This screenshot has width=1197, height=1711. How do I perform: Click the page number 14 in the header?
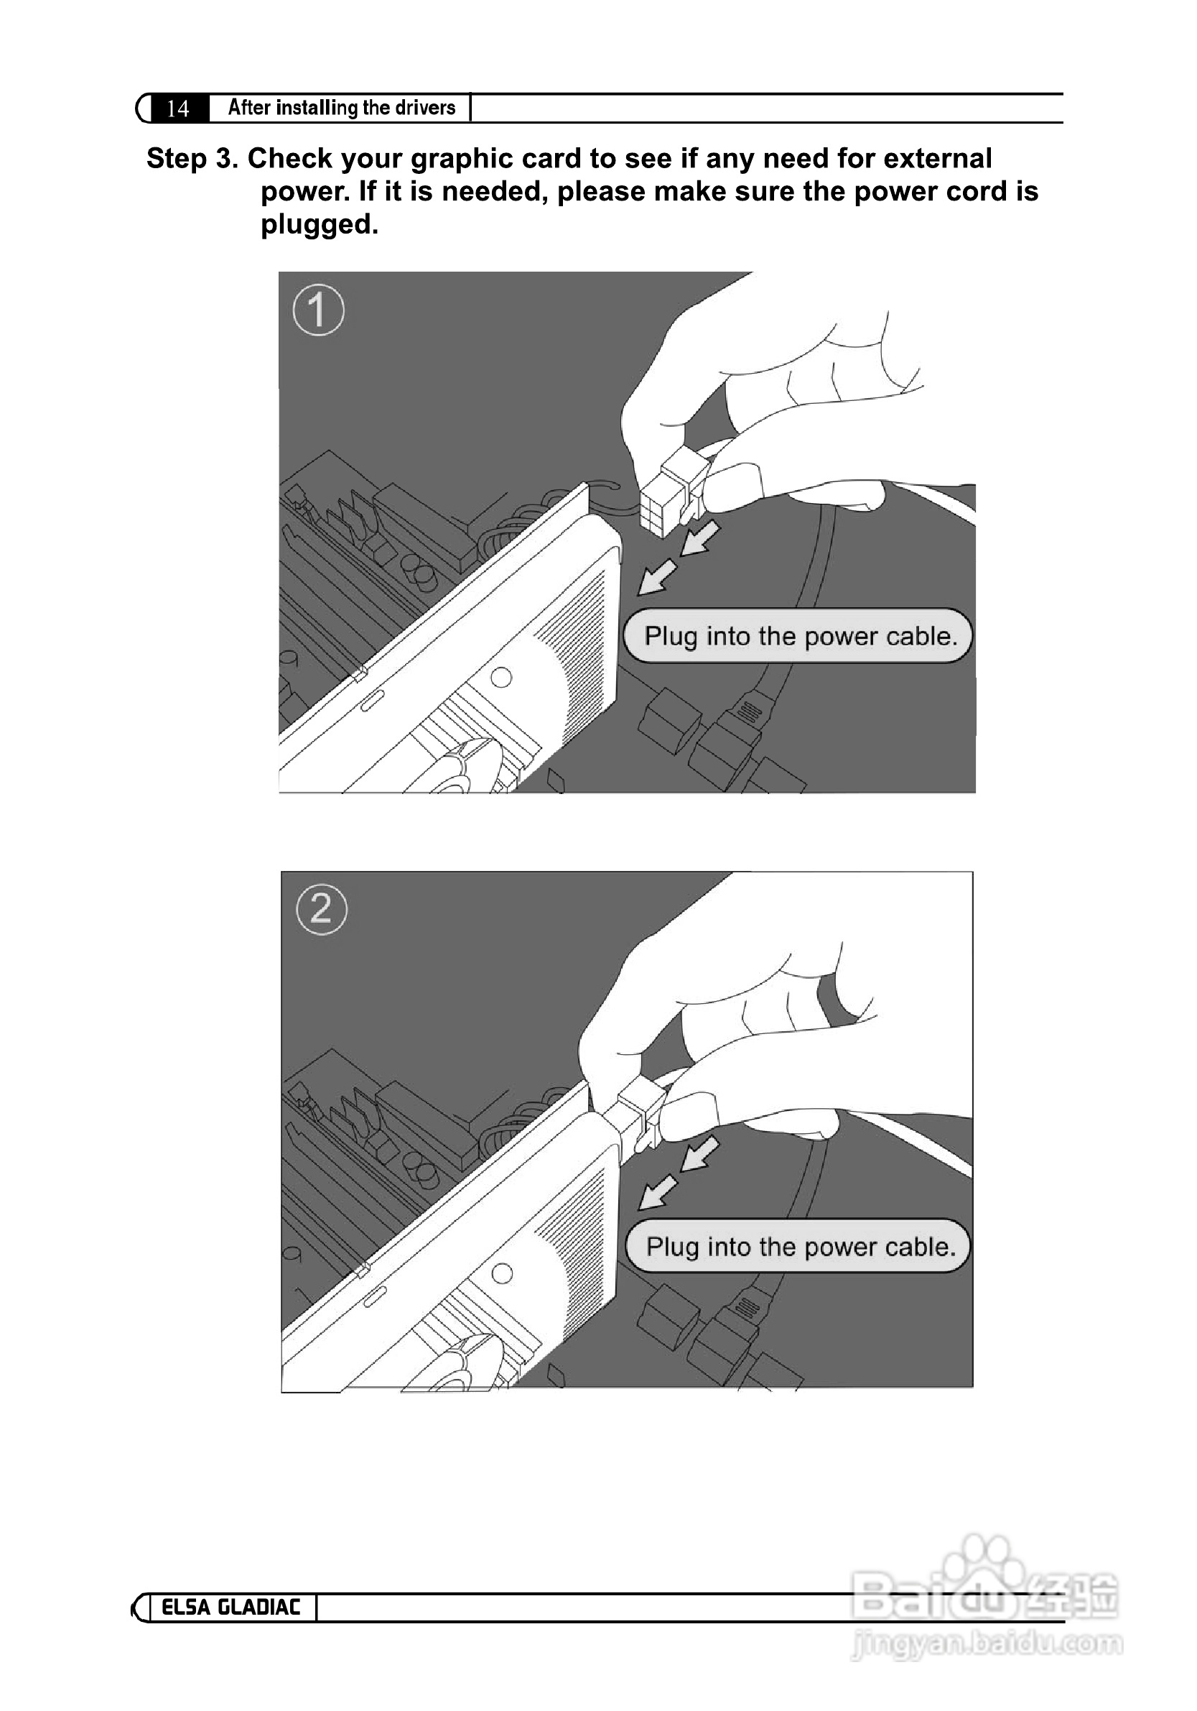tap(177, 109)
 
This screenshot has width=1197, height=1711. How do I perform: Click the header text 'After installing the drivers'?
tap(341, 108)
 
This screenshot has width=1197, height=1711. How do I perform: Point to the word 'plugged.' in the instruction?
tap(320, 225)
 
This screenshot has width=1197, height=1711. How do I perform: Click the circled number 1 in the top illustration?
tap(319, 310)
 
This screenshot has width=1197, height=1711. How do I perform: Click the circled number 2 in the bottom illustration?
tap(322, 909)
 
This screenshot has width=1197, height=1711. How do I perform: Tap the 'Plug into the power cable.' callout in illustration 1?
tap(798, 636)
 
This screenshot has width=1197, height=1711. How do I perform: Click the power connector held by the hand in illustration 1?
tap(672, 492)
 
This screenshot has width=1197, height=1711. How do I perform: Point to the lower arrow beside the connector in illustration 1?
tap(658, 578)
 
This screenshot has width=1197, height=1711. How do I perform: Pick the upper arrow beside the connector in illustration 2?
tap(700, 1154)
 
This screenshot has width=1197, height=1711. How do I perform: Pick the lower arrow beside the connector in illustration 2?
tap(659, 1192)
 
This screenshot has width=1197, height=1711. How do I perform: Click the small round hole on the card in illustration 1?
tap(501, 678)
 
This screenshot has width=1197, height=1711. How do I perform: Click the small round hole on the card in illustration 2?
tap(502, 1273)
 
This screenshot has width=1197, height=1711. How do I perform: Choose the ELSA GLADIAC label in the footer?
tap(231, 1608)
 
